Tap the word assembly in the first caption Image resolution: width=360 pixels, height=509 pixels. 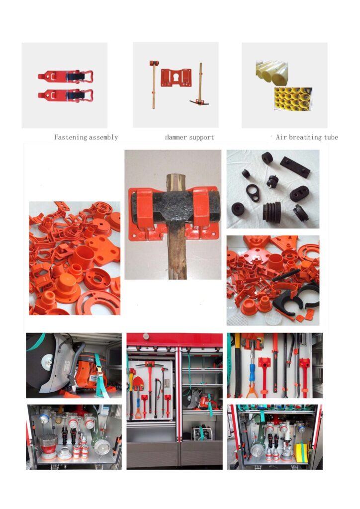point(103,138)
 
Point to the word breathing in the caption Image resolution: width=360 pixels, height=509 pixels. point(305,137)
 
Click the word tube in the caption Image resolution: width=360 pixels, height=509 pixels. point(331,137)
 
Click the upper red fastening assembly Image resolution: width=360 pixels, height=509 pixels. point(66,77)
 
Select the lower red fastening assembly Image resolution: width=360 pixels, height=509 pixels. point(66,95)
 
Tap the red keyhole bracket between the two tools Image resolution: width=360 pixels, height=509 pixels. point(176,77)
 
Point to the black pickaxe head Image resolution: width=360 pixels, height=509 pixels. point(199,102)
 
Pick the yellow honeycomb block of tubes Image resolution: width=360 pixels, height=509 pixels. point(293,99)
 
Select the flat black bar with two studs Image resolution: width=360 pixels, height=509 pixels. point(295,167)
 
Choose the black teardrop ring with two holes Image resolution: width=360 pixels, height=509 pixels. point(253,193)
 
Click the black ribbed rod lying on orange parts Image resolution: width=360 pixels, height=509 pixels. point(286,275)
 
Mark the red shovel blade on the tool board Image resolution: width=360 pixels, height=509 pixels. point(138,384)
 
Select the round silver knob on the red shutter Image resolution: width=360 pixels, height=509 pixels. point(146,337)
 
